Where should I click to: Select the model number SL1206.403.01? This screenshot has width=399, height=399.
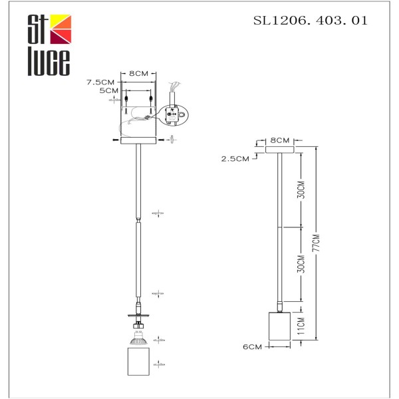310,21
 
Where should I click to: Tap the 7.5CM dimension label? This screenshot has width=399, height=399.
101,82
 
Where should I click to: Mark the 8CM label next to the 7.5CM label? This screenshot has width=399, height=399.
138,74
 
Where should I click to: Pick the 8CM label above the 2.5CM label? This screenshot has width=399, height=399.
280,140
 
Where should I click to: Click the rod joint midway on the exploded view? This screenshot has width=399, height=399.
138,221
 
